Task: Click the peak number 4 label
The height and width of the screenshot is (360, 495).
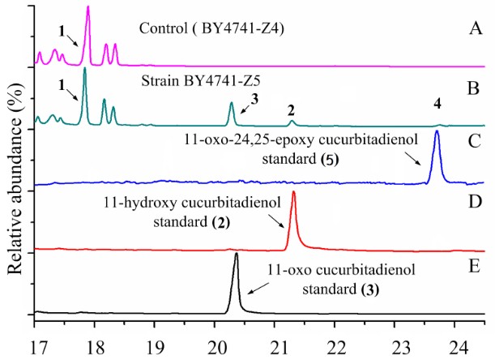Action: [x=438, y=105]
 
